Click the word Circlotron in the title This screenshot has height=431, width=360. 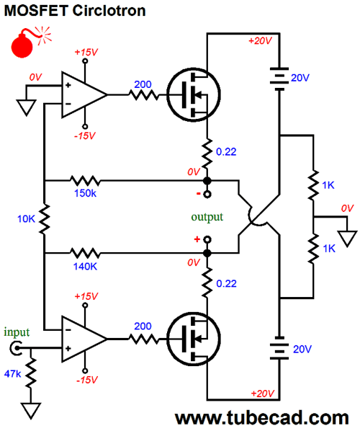[109, 11]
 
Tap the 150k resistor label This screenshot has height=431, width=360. [85, 193]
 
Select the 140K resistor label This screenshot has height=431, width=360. [85, 266]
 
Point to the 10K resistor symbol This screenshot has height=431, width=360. [44, 219]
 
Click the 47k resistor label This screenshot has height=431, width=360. [13, 374]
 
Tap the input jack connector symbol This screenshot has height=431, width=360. [16, 348]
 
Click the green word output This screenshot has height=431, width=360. [207, 217]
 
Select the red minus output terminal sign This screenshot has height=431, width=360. [198, 194]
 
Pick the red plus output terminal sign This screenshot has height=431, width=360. [197, 239]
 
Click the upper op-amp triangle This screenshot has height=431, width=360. [84, 95]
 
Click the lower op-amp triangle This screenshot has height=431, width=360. [84, 339]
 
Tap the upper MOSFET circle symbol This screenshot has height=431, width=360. [194, 95]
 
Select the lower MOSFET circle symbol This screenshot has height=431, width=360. [194, 339]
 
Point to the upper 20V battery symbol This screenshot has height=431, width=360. [279, 79]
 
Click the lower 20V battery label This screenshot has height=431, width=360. [302, 349]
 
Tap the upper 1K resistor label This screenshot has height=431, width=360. [328, 185]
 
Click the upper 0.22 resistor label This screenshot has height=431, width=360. [226, 152]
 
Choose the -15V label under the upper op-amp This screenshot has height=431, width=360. [85, 135]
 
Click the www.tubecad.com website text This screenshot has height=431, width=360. [261, 418]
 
